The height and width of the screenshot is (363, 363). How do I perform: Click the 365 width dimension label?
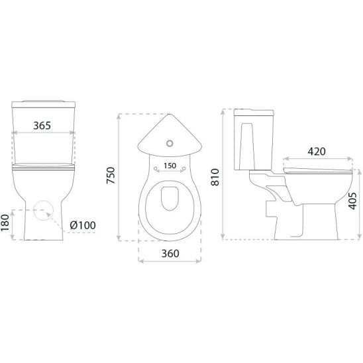coord(42,125)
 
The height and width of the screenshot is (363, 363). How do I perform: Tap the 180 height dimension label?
coord(5,223)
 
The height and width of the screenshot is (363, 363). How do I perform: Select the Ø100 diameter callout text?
coord(83,225)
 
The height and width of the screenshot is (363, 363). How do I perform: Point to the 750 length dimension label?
coord(111,176)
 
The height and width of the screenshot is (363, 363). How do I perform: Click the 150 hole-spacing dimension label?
coord(170,166)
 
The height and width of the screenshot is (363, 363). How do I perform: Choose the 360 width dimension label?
coord(170,254)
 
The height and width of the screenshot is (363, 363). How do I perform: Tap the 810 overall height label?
coord(215,177)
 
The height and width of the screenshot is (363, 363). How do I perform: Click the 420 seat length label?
coord(317,152)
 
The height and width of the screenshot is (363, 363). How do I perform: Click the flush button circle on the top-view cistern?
coord(170,143)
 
